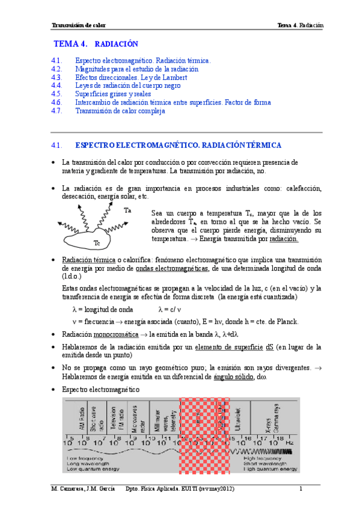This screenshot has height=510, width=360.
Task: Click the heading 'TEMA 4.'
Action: coord(71,44)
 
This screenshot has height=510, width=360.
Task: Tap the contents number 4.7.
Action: coord(57,111)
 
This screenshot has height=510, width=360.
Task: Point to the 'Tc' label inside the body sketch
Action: coord(96,243)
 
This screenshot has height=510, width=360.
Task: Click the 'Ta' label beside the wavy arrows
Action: coord(127,210)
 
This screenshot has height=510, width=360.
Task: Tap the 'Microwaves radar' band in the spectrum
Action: coord(139,416)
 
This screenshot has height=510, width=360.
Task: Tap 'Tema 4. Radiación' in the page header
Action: coord(301,25)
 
